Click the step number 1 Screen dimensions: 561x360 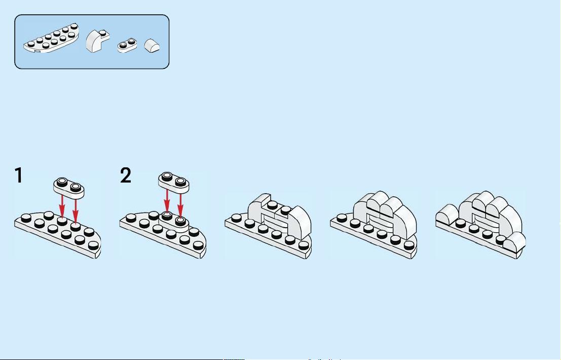19,175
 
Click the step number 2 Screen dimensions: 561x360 126,175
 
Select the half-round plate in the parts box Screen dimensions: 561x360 51,38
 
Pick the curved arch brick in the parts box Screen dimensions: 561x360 97,41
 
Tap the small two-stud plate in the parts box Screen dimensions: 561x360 127,46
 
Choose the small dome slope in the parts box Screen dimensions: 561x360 152,46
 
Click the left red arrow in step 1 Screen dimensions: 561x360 62,206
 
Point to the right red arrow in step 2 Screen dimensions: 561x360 180,206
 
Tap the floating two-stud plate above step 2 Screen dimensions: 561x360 173,183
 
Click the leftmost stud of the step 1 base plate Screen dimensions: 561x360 26,217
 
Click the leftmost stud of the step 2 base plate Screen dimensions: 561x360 131,217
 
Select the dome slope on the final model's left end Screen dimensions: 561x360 447,213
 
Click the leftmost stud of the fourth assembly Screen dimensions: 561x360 342,217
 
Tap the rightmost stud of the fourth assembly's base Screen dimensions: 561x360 408,245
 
